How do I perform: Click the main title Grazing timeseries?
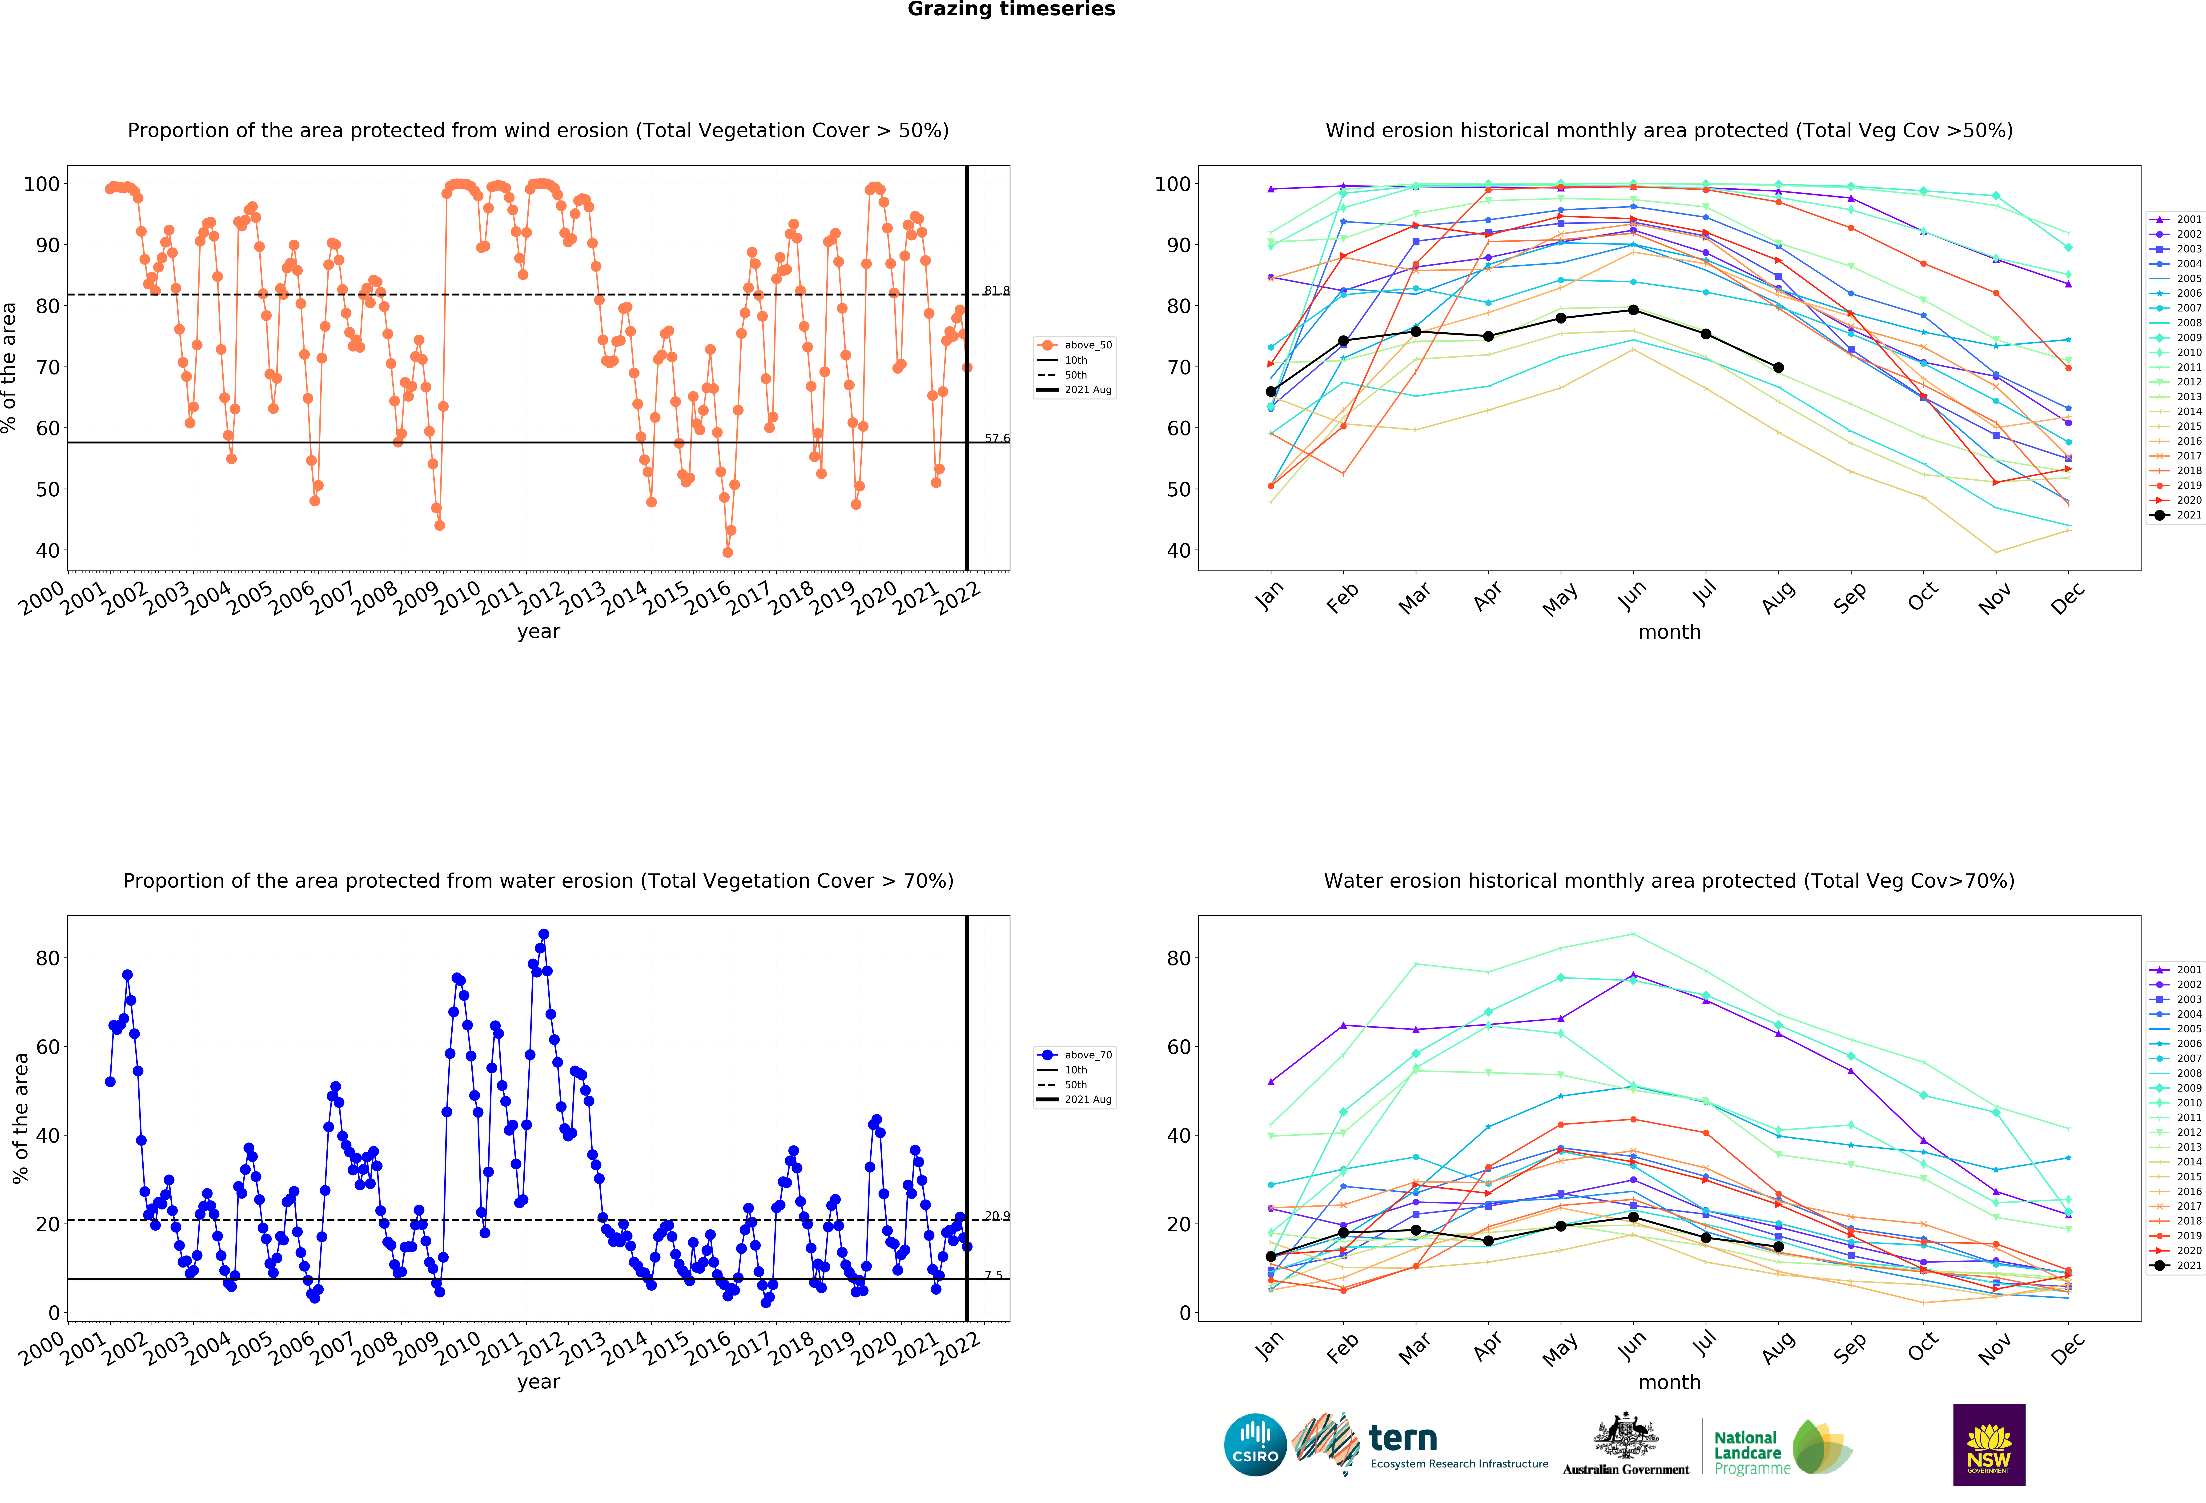click(x=1011, y=9)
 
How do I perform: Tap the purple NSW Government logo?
click(x=1989, y=1444)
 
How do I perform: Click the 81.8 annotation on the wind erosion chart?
click(x=997, y=290)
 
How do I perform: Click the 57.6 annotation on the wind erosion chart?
click(x=997, y=438)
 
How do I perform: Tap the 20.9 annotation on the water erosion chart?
click(x=997, y=1216)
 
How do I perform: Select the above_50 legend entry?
click(x=1075, y=345)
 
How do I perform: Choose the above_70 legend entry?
click(x=1075, y=1055)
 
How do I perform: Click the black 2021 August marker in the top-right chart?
click(x=1778, y=367)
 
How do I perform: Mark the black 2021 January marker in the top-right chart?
click(x=1271, y=391)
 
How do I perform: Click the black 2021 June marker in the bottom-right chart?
click(x=1633, y=1217)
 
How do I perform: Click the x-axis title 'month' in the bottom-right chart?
click(x=1669, y=1383)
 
